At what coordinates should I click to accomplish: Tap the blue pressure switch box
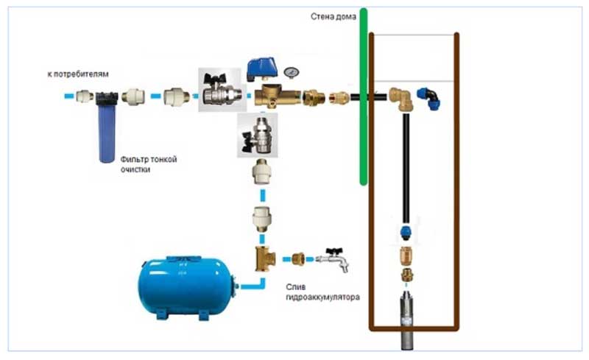pos(261,68)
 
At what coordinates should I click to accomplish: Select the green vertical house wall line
pos(363,96)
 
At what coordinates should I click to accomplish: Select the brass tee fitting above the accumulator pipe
pos(263,259)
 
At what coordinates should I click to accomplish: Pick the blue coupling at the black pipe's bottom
pos(406,231)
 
